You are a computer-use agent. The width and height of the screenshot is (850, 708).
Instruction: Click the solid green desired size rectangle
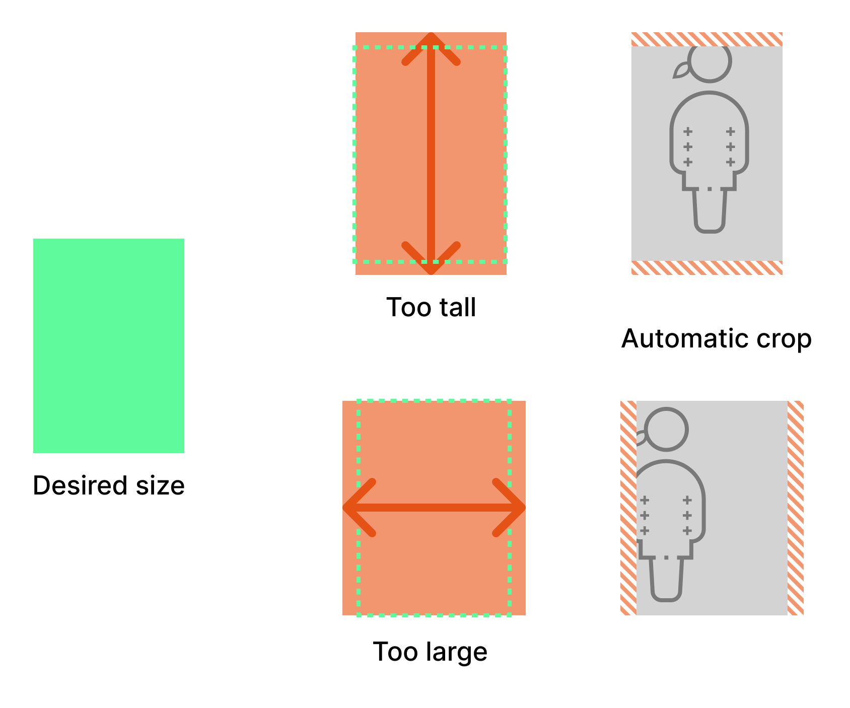tap(108, 345)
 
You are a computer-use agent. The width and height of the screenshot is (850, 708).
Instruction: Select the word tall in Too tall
tap(456, 307)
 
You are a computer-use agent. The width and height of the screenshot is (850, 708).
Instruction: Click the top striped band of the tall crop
tap(706, 39)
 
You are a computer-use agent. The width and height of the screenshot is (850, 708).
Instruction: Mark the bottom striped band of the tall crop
tap(706, 267)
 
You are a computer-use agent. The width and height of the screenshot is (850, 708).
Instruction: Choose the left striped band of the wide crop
tap(628, 508)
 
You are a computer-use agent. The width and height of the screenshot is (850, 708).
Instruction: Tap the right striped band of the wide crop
tap(795, 508)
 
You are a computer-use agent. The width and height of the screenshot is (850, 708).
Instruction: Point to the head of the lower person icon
tap(667, 429)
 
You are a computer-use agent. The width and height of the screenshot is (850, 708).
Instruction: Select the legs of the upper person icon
tap(710, 211)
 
